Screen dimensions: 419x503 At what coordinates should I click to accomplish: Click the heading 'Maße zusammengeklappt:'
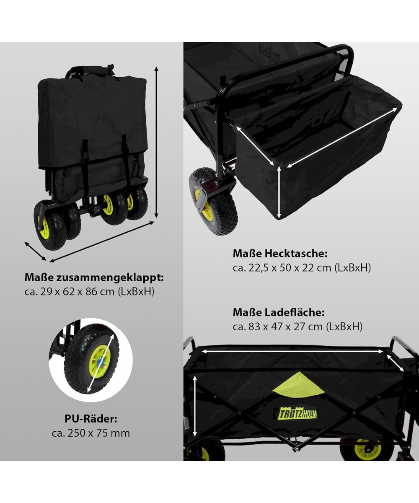point(94,277)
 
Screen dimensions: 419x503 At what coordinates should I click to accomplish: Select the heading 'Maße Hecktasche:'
point(280,254)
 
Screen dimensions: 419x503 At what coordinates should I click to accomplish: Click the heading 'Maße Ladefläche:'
point(279,312)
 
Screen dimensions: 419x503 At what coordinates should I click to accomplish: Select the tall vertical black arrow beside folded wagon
point(156,142)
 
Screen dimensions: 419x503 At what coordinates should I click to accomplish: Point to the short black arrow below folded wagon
point(35,251)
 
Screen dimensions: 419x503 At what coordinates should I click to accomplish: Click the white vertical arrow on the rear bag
point(279,192)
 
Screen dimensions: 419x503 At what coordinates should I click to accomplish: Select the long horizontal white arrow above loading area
point(292,351)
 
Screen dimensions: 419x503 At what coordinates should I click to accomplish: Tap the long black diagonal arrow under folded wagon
point(102,241)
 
